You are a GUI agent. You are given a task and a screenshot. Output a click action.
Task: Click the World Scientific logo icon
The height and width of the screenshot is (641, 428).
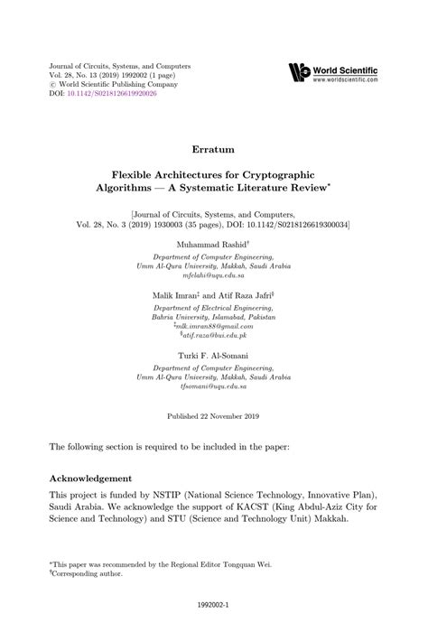pos(299,72)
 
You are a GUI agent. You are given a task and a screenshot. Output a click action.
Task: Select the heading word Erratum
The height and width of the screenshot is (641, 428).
pos(214,146)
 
